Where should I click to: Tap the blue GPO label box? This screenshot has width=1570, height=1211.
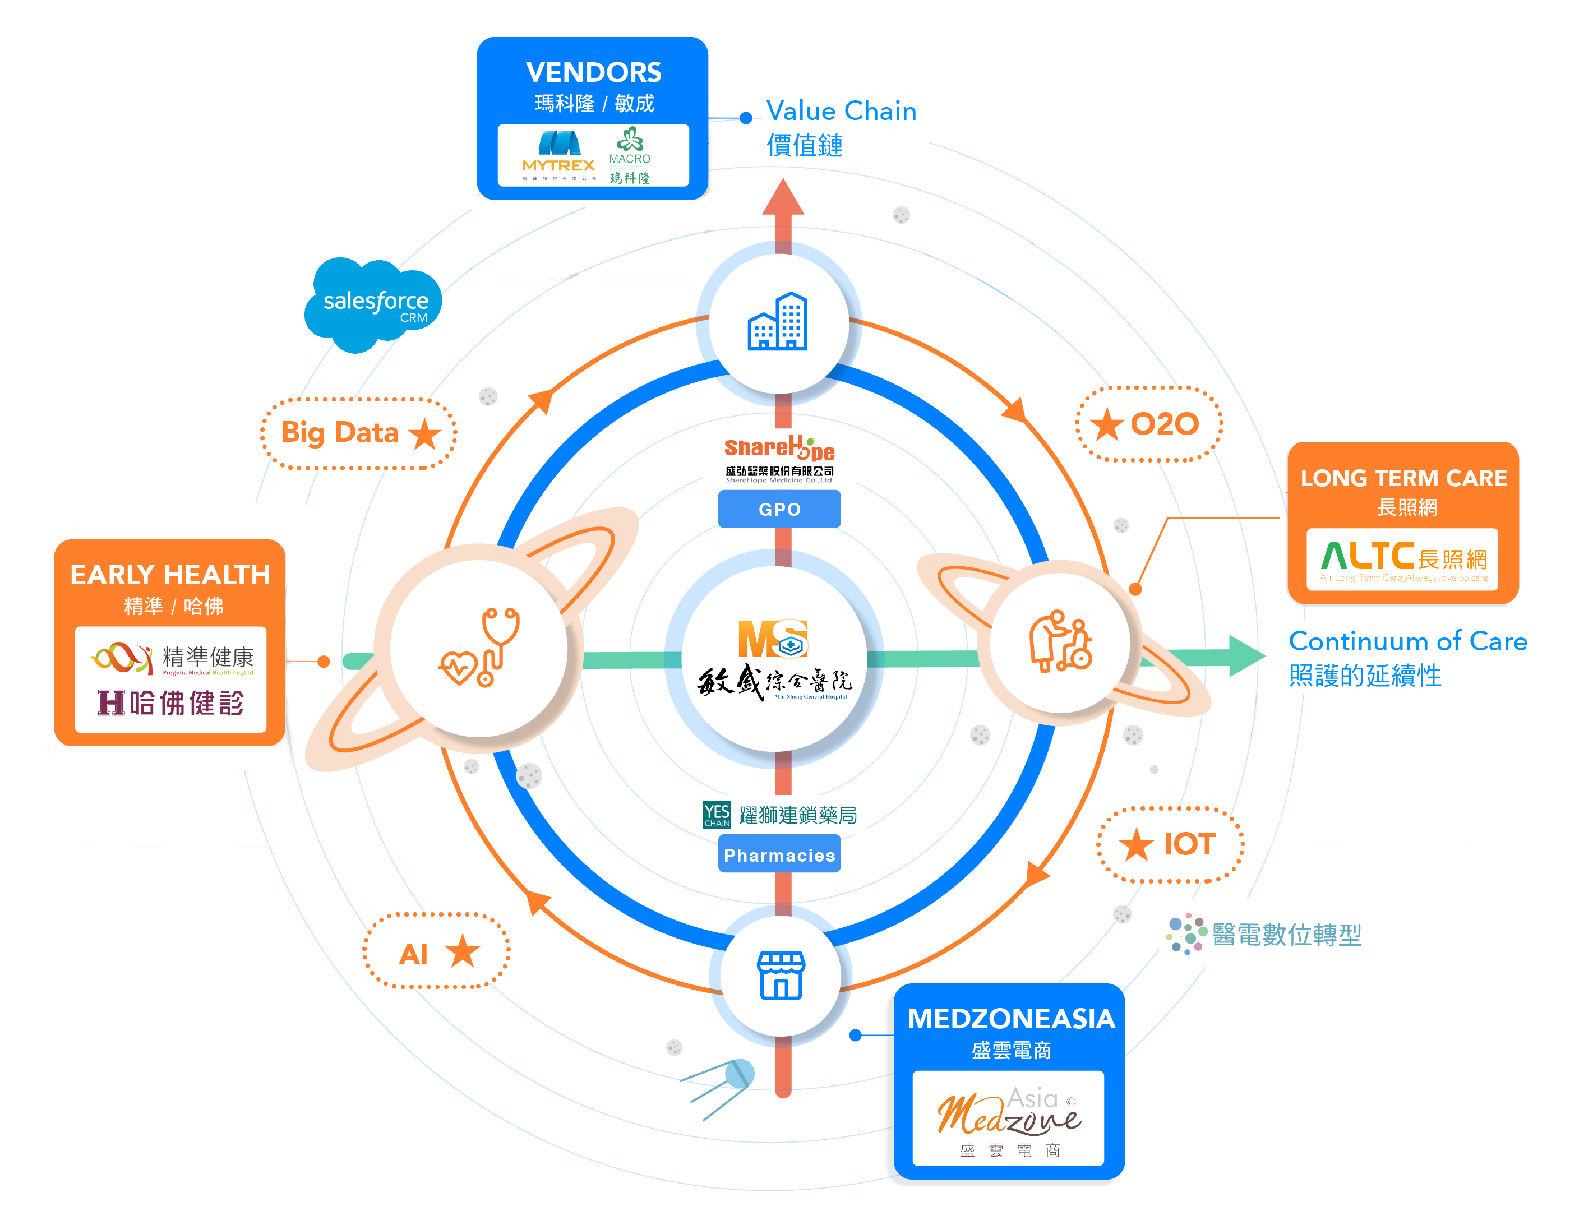779,509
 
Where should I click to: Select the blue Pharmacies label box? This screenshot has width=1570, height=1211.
779,854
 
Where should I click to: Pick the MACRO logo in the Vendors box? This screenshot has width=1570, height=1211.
630,155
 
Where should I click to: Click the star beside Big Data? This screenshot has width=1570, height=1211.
425,433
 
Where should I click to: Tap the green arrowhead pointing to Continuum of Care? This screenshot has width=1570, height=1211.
1246,655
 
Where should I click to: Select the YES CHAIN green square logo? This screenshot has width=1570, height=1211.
717,814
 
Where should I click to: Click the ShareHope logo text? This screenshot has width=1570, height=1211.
779,449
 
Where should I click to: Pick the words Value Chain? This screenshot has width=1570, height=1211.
841,112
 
